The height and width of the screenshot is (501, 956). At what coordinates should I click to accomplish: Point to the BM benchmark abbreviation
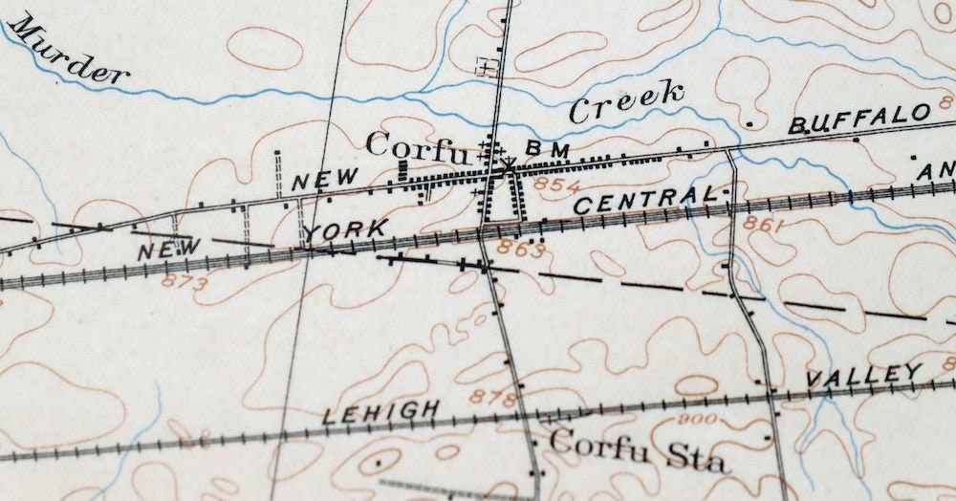click(547, 149)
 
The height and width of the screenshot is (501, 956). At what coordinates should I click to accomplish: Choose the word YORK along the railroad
click(347, 230)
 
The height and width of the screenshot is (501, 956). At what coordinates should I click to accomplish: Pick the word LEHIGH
click(381, 413)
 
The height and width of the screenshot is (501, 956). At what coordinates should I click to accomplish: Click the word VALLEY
click(863, 375)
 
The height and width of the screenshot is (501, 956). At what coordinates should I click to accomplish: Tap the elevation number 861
click(762, 227)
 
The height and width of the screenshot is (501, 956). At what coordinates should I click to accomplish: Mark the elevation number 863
click(520, 250)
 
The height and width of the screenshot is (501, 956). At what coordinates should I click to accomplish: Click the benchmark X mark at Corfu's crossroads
click(506, 167)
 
